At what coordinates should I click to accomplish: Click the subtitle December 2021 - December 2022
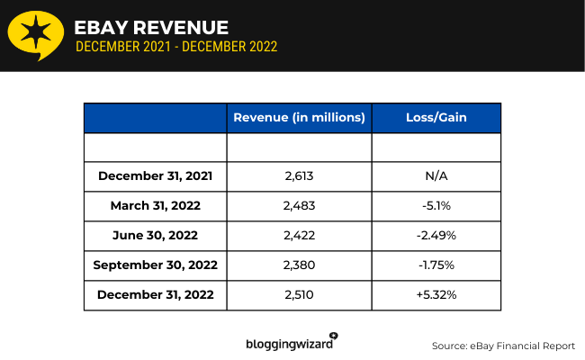(176, 47)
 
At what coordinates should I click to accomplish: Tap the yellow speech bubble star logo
(35, 35)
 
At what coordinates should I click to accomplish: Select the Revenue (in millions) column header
(299, 118)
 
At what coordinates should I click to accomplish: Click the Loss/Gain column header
(436, 118)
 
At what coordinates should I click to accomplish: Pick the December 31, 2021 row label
(156, 175)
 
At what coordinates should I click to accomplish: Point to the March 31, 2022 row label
(156, 205)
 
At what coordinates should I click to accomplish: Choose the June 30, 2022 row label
(156, 235)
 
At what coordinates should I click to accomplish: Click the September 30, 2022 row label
(156, 265)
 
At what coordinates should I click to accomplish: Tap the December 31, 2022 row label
(156, 294)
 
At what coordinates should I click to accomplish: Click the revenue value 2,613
(299, 175)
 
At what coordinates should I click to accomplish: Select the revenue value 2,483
(299, 205)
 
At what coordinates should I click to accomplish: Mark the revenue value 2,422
(299, 235)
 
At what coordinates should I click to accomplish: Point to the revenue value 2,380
(299, 265)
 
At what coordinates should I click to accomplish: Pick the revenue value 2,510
(299, 294)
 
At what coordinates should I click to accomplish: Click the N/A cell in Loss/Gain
(436, 175)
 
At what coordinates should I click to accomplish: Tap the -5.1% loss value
(436, 205)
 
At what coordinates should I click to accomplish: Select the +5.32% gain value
(436, 294)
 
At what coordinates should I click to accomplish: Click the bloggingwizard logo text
(290, 343)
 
